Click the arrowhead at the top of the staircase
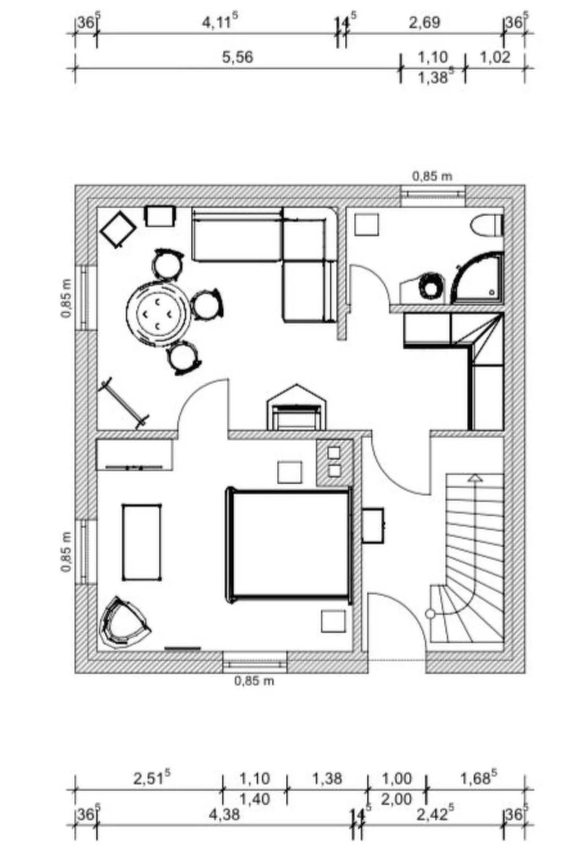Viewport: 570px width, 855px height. tap(475, 478)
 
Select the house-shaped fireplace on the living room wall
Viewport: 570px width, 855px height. tap(297, 409)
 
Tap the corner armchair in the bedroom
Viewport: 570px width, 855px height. tap(122, 623)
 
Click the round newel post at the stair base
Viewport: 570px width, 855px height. tap(430, 614)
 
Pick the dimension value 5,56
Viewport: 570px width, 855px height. tap(238, 57)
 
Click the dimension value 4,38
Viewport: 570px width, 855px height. tap(224, 814)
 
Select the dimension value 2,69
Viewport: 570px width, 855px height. tap(424, 23)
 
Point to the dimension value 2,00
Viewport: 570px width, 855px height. tap(396, 799)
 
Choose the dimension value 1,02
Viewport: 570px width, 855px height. tap(494, 57)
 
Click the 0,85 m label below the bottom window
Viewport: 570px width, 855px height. tap(254, 681)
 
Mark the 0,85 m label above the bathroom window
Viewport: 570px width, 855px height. tap(432, 176)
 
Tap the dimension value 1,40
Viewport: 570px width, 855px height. tap(254, 799)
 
